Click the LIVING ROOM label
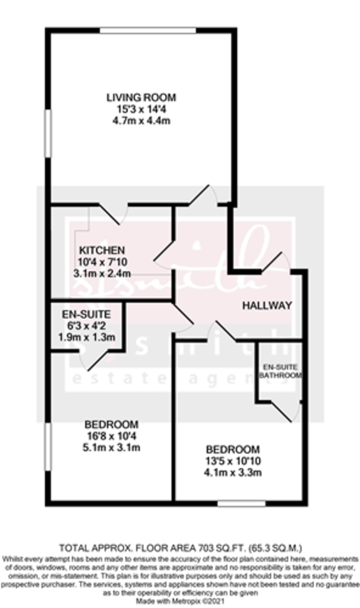coord(141,97)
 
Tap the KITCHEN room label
coord(101,250)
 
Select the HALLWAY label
coord(267,305)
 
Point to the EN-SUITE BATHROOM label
coord(280,371)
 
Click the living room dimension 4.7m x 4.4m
coord(141,121)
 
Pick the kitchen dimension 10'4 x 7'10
coord(101,262)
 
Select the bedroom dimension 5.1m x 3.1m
coord(112,447)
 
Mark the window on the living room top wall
coord(148,31)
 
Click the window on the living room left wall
coord(48,133)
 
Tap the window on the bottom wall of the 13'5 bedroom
coord(241,503)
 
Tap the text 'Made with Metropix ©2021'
coord(180,600)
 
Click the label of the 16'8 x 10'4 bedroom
coord(112,424)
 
